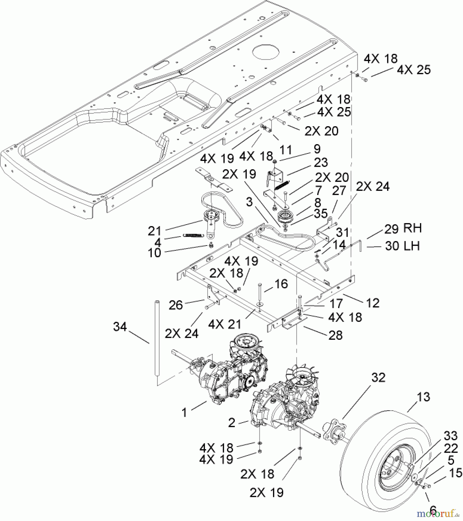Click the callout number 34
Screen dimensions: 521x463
point(120,327)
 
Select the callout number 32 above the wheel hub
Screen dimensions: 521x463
point(378,377)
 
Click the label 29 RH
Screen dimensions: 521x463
point(403,228)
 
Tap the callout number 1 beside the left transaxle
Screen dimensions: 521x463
point(185,412)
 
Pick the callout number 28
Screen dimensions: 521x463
point(335,335)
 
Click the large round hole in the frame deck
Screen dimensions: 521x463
point(266,52)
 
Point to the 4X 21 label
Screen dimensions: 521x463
point(224,324)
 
